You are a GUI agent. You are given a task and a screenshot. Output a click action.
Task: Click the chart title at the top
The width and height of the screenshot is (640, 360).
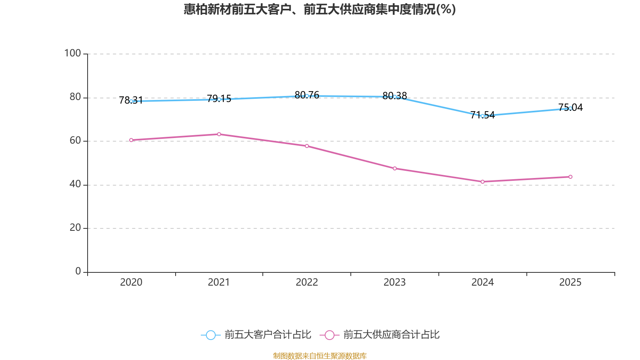[x=320, y=9]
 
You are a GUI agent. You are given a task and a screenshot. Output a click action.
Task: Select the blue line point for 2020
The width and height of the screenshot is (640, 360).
[x=131, y=101]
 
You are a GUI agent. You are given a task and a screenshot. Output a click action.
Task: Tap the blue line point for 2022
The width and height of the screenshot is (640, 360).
[x=307, y=96]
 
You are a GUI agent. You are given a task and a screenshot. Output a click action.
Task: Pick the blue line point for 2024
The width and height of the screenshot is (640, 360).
[x=482, y=116]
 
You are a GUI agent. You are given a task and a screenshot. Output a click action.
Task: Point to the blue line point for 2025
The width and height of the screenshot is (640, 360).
[x=570, y=108]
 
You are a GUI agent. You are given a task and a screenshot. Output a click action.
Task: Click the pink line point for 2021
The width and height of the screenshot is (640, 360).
[x=219, y=134]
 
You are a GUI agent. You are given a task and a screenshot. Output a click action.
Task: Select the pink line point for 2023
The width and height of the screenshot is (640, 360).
[x=395, y=168]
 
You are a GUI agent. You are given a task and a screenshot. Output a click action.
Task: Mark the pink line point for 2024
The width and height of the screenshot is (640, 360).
[x=482, y=182]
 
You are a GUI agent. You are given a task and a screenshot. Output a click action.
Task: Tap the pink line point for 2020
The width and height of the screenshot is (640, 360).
[x=131, y=140]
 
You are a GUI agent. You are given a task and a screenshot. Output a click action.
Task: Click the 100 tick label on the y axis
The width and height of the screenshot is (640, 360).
[x=72, y=53]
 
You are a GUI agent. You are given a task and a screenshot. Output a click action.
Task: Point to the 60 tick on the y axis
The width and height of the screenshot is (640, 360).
[x=75, y=140]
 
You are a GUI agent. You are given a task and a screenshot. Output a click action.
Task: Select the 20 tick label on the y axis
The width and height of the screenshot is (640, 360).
[x=75, y=228]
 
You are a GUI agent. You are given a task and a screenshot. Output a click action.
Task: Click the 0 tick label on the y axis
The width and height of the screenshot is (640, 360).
[x=78, y=271]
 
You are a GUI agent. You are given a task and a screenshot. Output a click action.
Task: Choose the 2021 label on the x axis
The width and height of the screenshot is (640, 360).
[x=219, y=282]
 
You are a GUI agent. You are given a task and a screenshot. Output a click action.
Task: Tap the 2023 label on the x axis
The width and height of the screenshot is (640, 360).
[x=395, y=282]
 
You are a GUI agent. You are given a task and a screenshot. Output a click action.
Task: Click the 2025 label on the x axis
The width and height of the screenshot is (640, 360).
[x=570, y=282]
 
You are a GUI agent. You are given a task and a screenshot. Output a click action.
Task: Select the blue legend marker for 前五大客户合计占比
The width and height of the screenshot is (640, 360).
[x=210, y=335]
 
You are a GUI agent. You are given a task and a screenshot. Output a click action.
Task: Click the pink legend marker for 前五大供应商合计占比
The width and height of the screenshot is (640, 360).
[x=330, y=335]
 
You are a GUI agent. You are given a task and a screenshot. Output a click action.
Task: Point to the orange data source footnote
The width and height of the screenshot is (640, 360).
[x=320, y=356]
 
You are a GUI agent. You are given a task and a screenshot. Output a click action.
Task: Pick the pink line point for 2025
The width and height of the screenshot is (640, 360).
[x=570, y=177]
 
